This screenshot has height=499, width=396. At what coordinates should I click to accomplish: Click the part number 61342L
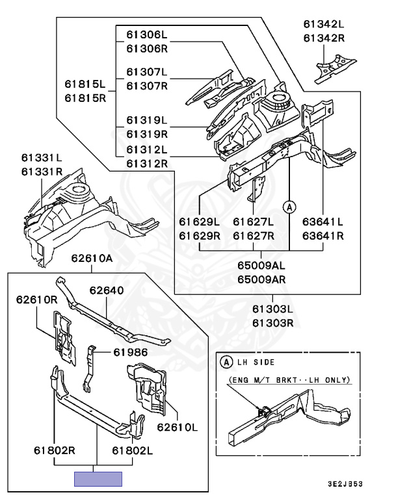coord(324,24)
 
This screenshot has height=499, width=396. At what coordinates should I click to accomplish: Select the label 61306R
coord(147,49)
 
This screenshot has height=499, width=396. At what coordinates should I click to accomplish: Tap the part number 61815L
coord(85,84)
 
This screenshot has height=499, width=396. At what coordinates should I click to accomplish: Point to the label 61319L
coord(147,120)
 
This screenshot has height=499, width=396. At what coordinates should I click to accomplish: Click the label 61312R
coord(147,164)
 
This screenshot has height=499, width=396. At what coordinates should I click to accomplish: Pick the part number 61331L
coord(42,157)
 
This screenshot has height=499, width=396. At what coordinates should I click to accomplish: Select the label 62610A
coord(92,258)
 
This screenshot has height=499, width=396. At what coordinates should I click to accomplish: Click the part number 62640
coord(107,290)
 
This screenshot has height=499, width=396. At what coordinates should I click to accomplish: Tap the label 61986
coord(131,352)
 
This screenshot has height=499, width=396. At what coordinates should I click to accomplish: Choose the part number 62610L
coord(177,427)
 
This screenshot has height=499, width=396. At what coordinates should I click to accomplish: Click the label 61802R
coord(55,450)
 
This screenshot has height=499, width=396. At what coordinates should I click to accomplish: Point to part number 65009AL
coord(261,265)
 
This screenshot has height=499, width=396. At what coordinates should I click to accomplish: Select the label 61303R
coord(272,323)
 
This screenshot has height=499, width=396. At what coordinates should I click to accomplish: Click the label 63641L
coord(323,222)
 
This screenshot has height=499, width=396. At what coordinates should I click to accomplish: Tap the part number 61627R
coord(254,236)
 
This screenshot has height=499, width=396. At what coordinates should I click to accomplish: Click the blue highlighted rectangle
coord(98,479)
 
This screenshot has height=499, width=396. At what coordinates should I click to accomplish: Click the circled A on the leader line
coord(289,207)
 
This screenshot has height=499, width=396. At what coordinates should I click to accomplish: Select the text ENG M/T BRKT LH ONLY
coord(289,380)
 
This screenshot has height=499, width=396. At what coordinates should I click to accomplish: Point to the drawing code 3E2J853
coord(345,484)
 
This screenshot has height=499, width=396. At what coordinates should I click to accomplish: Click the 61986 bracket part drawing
coord(88,368)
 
